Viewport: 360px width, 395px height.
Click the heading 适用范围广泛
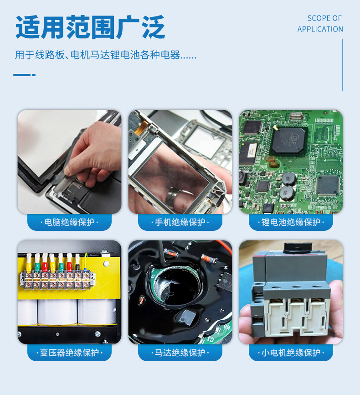(x=90, y=27)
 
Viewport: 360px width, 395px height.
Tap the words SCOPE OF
(x=324, y=18)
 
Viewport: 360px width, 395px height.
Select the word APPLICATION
(x=320, y=29)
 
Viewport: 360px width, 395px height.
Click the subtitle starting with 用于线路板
(x=106, y=55)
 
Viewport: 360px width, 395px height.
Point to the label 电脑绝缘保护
(x=69, y=222)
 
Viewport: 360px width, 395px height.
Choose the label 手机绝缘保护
(x=180, y=222)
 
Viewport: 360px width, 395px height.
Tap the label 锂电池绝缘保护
(x=291, y=222)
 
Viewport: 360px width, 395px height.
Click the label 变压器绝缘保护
(x=69, y=353)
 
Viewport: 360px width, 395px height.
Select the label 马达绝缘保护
(x=180, y=353)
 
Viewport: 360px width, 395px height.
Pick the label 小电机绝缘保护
(x=291, y=353)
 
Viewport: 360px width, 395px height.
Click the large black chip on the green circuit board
(x=288, y=140)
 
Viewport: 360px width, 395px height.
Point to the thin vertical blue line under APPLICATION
(x=342, y=65)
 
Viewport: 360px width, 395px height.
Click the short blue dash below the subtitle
(x=24, y=75)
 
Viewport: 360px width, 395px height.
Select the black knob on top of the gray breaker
(x=298, y=248)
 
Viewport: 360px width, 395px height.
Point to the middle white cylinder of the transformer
(x=58, y=312)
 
